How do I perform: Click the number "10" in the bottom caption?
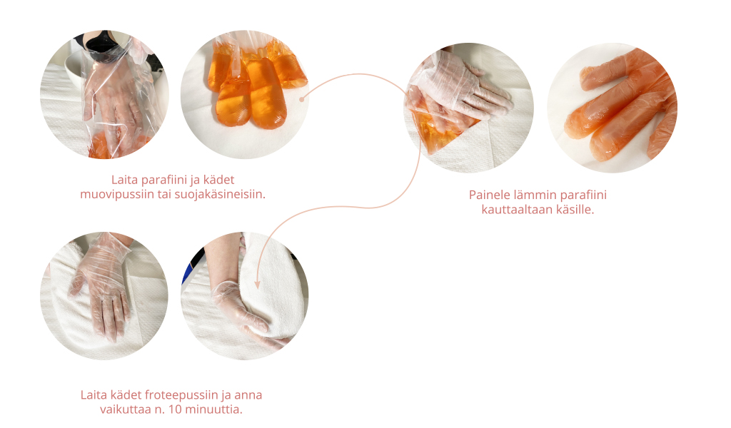[175, 410]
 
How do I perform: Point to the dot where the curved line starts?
[302, 99]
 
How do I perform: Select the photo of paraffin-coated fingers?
[612, 108]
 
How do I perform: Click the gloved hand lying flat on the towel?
[101, 284]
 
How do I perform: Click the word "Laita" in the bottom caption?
[94, 395]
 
